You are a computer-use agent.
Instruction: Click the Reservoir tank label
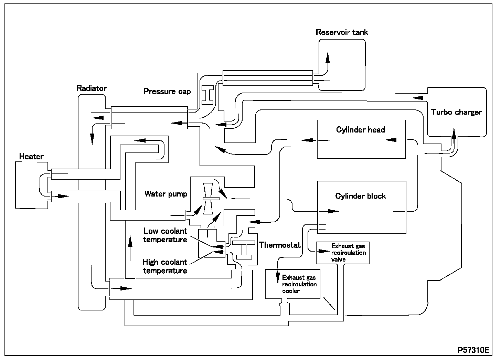tap(342, 32)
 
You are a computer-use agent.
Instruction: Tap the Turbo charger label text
tap(456, 112)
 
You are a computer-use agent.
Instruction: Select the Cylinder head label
tap(360, 130)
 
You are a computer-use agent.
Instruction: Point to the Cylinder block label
tap(360, 196)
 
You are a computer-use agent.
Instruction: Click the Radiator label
tap(92, 88)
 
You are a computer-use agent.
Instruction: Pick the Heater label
tap(31, 157)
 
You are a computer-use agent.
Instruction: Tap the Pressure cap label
tap(167, 92)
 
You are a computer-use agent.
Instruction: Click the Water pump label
tap(166, 194)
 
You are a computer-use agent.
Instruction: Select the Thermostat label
tap(280, 245)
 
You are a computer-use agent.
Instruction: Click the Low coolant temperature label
tap(165, 235)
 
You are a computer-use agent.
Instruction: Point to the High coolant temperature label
tap(165, 266)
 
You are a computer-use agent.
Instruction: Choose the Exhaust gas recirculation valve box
tap(342, 253)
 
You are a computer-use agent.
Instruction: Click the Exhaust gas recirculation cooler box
tap(292, 284)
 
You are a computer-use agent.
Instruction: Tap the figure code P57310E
tap(473, 350)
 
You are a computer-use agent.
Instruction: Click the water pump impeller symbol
tap(208, 199)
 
